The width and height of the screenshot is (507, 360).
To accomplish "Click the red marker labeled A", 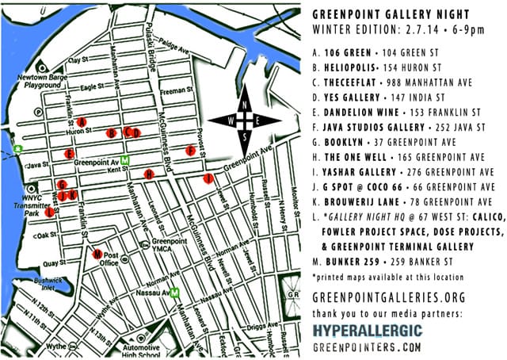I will [x=82, y=121].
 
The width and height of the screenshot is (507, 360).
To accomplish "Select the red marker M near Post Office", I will [x=97, y=255].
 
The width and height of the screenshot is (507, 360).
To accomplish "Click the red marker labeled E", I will [x=71, y=153].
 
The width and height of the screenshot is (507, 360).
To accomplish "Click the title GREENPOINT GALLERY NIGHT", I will [x=402, y=13].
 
